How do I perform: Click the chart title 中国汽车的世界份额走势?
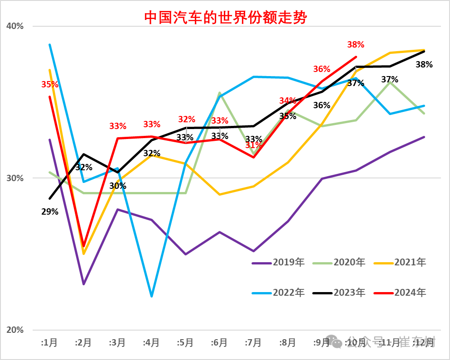pos(225,18)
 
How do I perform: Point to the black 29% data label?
pos(49,211)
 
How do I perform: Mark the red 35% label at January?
pos(49,84)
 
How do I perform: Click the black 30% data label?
pos(117,186)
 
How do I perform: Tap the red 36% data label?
pos(322,69)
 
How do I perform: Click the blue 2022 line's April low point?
pos(151,297)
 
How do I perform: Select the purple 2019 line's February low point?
pos(83,284)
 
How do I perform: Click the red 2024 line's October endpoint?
pos(356,57)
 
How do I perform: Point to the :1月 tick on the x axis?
pos(49,343)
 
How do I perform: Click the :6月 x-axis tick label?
pos(219,343)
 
